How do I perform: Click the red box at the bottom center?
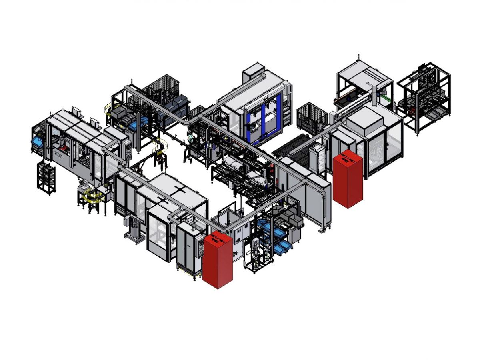218,262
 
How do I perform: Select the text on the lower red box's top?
218,240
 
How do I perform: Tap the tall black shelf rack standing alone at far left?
46,178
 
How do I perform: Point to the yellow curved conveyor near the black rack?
92,196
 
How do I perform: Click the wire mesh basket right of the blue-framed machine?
312,116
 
